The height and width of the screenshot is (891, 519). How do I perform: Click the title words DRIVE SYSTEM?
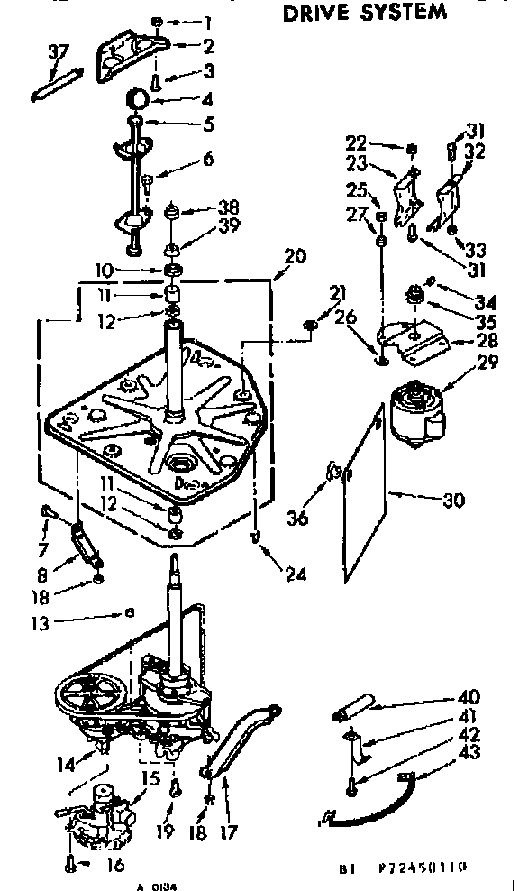(x=364, y=13)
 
